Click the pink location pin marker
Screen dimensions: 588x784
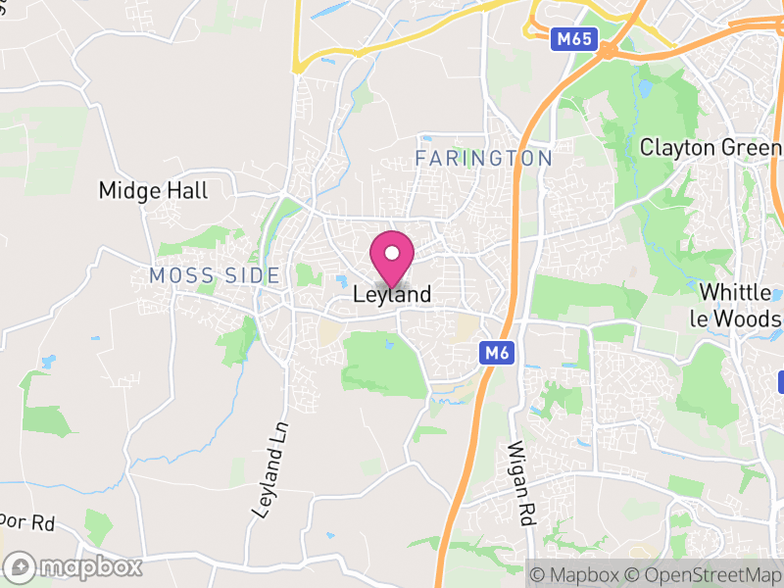point(392,260)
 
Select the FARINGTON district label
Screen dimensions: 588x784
point(484,158)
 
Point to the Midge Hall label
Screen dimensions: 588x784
point(154,190)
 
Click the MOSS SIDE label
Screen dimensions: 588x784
point(215,275)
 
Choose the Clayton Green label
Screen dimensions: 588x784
point(710,147)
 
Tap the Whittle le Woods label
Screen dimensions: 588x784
point(740,305)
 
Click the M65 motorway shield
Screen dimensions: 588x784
point(570,38)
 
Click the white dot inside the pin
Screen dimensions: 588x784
point(392,253)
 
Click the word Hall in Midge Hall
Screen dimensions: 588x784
point(187,190)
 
